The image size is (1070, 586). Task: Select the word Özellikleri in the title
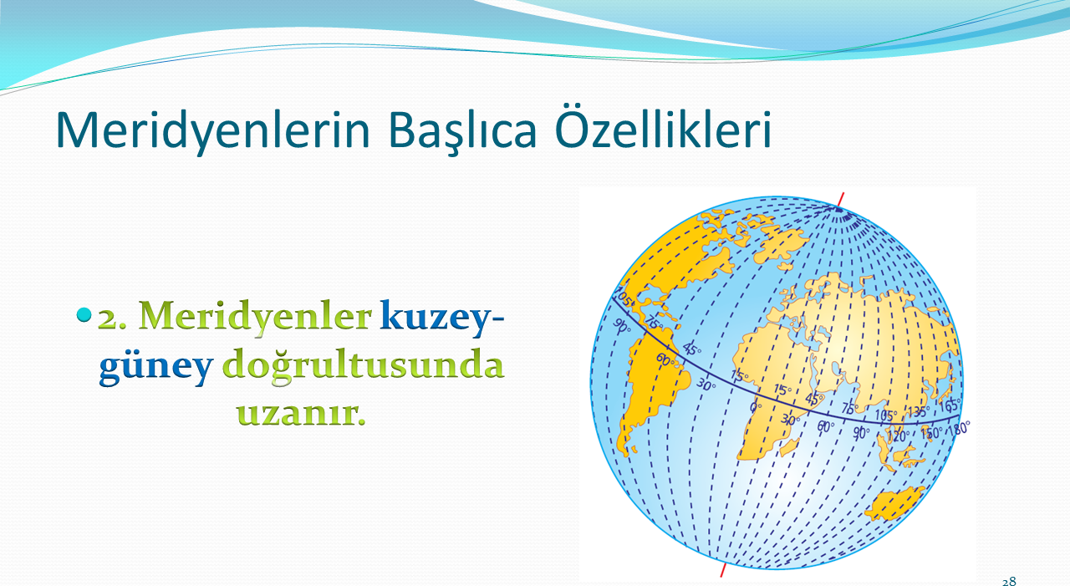point(664,128)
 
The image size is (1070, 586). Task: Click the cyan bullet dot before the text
point(83,314)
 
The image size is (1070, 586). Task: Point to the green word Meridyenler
point(255,316)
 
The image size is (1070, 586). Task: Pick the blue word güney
point(155,368)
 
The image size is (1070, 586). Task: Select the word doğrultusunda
point(363,367)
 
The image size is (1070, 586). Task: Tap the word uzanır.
point(301,413)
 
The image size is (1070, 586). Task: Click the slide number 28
point(1009,581)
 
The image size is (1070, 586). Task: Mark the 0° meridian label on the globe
point(755,407)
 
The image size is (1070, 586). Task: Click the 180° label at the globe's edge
point(959,428)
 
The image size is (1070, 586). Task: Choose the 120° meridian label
point(898,436)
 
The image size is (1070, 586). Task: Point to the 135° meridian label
point(918,411)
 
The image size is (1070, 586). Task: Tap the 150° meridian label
point(931,433)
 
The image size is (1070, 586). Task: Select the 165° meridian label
point(950,405)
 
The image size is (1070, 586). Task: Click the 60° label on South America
point(665,359)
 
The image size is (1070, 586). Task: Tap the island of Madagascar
point(789,447)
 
